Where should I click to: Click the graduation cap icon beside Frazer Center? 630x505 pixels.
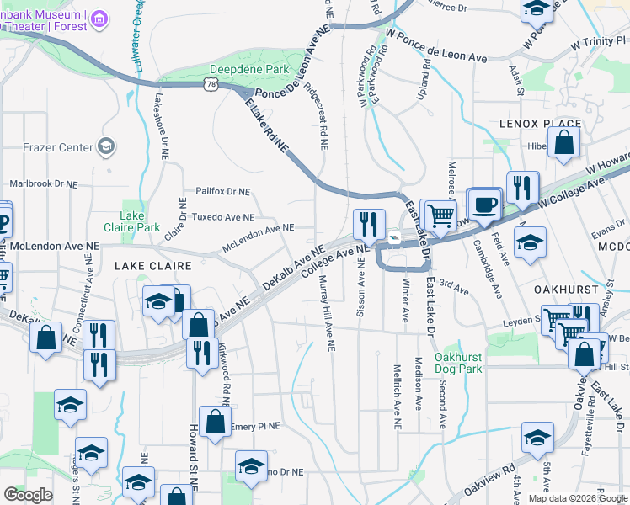106,147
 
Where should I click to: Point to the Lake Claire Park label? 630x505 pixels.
131,221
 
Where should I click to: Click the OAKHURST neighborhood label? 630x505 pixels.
565,288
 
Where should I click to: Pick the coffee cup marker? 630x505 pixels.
484,204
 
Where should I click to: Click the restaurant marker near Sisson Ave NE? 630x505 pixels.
369,224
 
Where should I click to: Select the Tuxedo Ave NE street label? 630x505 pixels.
223,216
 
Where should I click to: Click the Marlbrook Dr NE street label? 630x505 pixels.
42,183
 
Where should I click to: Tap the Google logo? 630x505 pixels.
28,495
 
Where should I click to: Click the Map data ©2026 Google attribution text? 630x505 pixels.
579,498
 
